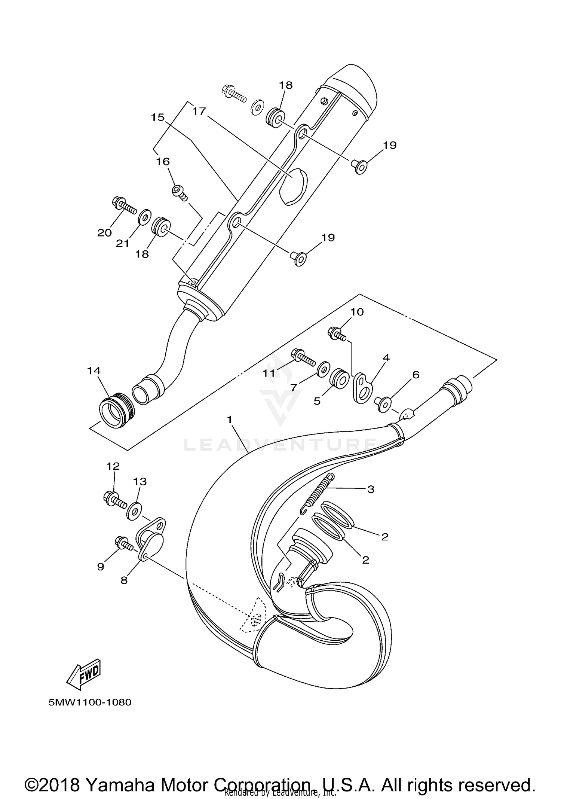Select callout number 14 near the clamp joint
(x=94, y=370)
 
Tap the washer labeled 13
(x=134, y=512)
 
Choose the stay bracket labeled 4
(x=362, y=388)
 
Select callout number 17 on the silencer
(x=199, y=111)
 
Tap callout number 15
(x=157, y=117)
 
